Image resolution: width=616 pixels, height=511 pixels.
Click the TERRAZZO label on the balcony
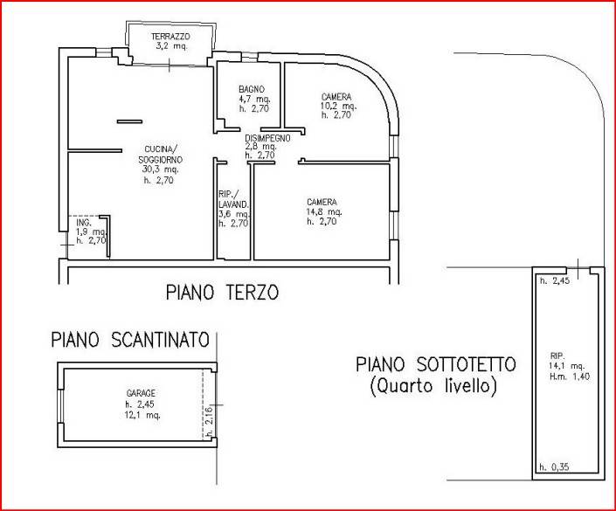(170, 37)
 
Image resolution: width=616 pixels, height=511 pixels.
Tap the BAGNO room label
(252, 90)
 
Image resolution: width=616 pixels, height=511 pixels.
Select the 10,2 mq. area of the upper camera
(338, 106)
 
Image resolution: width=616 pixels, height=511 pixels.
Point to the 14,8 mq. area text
(324, 212)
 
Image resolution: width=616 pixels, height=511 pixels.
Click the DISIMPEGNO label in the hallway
(267, 138)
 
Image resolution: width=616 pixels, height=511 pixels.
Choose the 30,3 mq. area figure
(160, 169)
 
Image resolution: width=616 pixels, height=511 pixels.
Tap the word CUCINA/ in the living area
(161, 149)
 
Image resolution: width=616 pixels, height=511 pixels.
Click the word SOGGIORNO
(160, 160)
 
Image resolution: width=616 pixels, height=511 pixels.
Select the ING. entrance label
(84, 223)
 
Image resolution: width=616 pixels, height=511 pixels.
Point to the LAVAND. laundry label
(233, 204)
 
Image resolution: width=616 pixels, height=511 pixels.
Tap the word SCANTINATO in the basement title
(160, 340)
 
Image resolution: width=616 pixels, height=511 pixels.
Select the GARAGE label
(141, 393)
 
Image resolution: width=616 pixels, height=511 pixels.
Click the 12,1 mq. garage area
(142, 415)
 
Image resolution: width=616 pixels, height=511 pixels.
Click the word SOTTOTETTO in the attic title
(466, 364)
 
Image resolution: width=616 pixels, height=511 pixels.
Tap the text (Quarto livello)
(433, 386)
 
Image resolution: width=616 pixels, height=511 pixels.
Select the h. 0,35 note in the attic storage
(554, 467)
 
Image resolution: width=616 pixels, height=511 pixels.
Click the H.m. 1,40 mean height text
(569, 376)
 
